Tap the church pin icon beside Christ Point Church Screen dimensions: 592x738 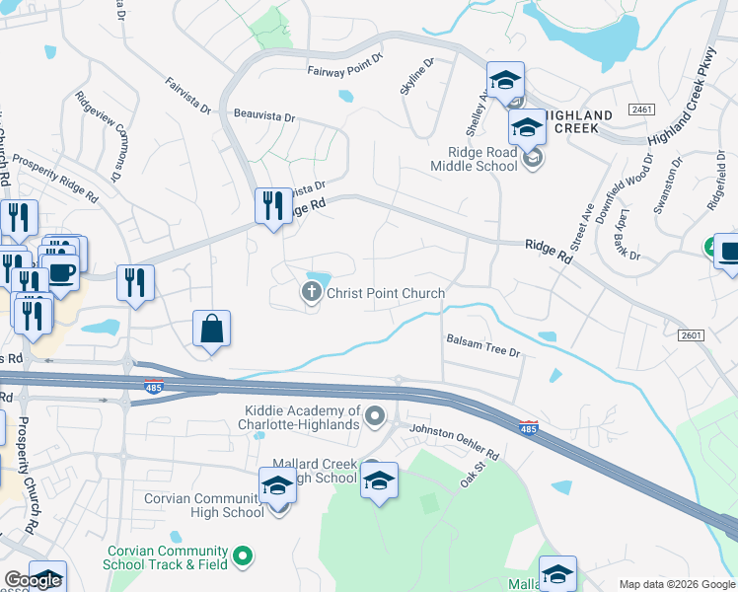311,291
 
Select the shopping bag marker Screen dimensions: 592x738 212,329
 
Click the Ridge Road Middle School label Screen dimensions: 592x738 482,159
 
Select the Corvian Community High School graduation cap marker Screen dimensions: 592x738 277,486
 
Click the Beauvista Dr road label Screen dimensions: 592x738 264,116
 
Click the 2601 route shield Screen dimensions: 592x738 692,335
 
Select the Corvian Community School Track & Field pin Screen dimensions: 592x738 242,557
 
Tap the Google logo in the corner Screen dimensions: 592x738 33,580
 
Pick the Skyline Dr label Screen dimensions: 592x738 416,78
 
